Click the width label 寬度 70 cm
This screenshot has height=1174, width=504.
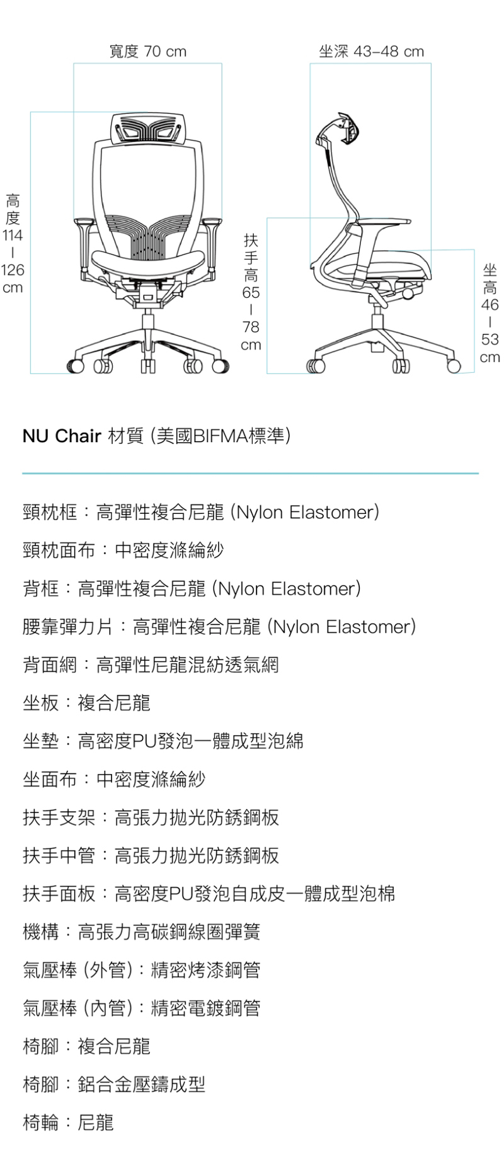tap(148, 52)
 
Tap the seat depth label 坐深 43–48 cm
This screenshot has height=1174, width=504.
tap(371, 52)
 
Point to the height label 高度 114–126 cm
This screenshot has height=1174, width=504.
tap(13, 244)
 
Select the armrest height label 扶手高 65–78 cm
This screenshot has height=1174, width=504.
tap(251, 292)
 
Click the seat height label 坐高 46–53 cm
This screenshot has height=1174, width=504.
tap(490, 314)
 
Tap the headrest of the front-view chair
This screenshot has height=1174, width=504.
tap(148, 130)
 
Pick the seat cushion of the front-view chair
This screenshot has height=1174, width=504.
tap(149, 259)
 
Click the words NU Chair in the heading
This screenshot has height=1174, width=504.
tap(62, 436)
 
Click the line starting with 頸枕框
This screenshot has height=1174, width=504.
tap(200, 512)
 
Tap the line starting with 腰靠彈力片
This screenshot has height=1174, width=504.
tap(219, 627)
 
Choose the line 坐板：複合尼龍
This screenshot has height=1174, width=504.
tap(86, 703)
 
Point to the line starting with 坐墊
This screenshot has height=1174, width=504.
tap(163, 741)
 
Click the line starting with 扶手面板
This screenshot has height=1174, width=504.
tap(209, 893)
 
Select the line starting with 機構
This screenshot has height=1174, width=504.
tap(141, 932)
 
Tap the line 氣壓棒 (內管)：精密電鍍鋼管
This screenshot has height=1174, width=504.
tap(141, 1008)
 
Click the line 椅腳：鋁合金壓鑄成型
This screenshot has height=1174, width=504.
tap(114, 1084)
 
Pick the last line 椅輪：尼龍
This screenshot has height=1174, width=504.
tap(68, 1122)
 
